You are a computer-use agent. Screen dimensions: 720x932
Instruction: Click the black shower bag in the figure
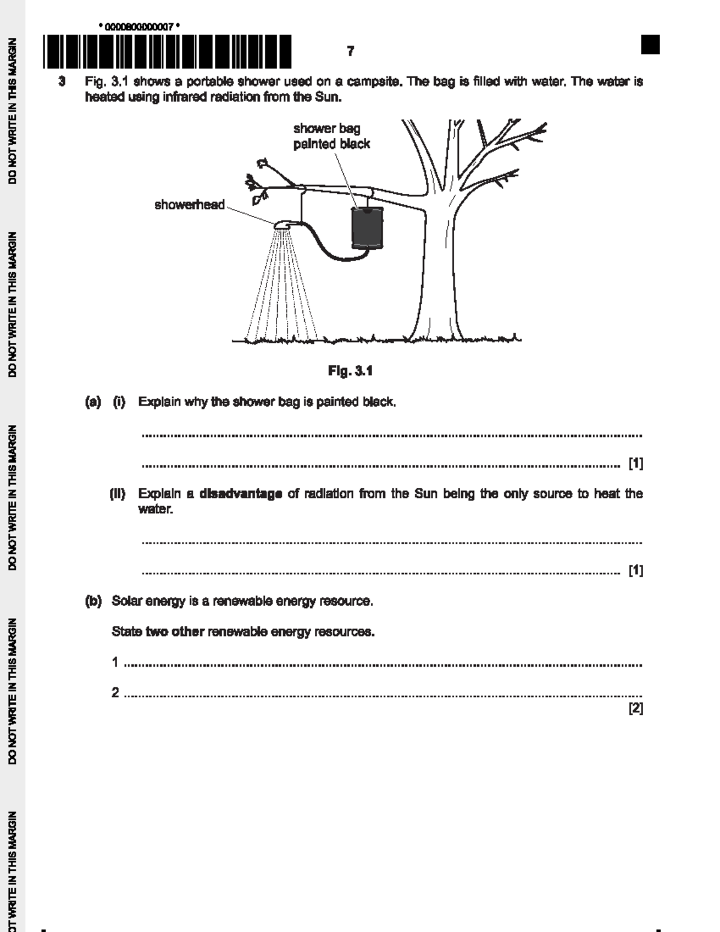pyautogui.click(x=367, y=227)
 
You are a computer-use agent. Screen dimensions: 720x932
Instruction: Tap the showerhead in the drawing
pyautogui.click(x=284, y=225)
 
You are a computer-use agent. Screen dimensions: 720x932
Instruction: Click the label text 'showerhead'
pyautogui.click(x=190, y=205)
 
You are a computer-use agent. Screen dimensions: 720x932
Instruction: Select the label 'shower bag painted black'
pyautogui.click(x=331, y=136)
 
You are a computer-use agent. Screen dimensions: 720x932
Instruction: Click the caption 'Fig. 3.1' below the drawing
pyautogui.click(x=350, y=371)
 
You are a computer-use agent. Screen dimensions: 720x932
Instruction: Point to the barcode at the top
pyautogui.click(x=167, y=52)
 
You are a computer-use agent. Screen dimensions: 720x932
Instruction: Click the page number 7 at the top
pyautogui.click(x=350, y=52)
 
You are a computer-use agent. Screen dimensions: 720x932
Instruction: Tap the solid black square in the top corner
pyautogui.click(x=650, y=45)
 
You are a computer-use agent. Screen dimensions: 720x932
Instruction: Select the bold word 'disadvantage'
pyautogui.click(x=241, y=494)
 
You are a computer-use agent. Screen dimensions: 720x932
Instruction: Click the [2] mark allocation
pyautogui.click(x=635, y=709)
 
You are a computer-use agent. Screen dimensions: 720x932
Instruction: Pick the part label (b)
pyautogui.click(x=93, y=601)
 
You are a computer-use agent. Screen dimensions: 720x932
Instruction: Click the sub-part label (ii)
pyautogui.click(x=117, y=494)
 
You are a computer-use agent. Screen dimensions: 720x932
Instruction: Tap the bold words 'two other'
pyautogui.click(x=175, y=632)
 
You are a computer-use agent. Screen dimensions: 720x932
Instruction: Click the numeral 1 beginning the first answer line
pyautogui.click(x=115, y=663)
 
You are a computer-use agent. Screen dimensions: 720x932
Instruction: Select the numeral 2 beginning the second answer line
pyautogui.click(x=115, y=693)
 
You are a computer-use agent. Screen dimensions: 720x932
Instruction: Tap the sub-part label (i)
pyautogui.click(x=119, y=402)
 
